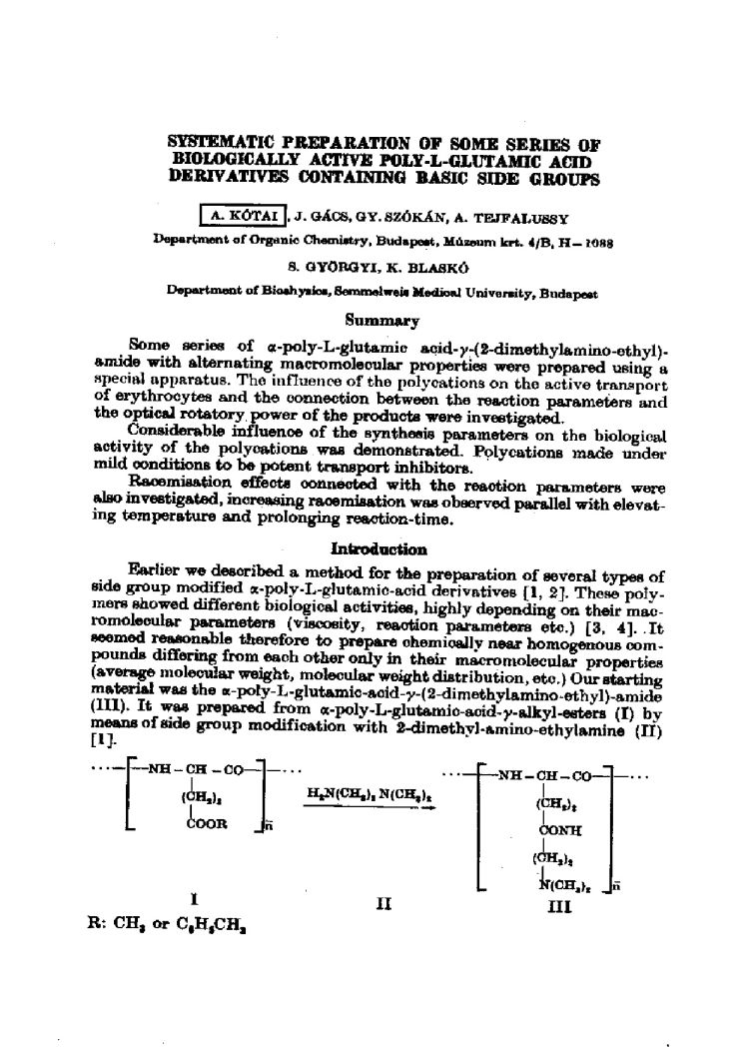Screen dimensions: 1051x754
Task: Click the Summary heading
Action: [x=377, y=321]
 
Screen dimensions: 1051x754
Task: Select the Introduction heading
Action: [x=378, y=548]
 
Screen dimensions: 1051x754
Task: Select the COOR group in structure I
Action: [x=207, y=823]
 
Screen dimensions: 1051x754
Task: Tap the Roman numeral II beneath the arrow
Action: [x=382, y=904]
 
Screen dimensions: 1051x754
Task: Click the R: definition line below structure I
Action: [x=168, y=926]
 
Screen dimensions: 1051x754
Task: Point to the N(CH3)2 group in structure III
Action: [x=562, y=879]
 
